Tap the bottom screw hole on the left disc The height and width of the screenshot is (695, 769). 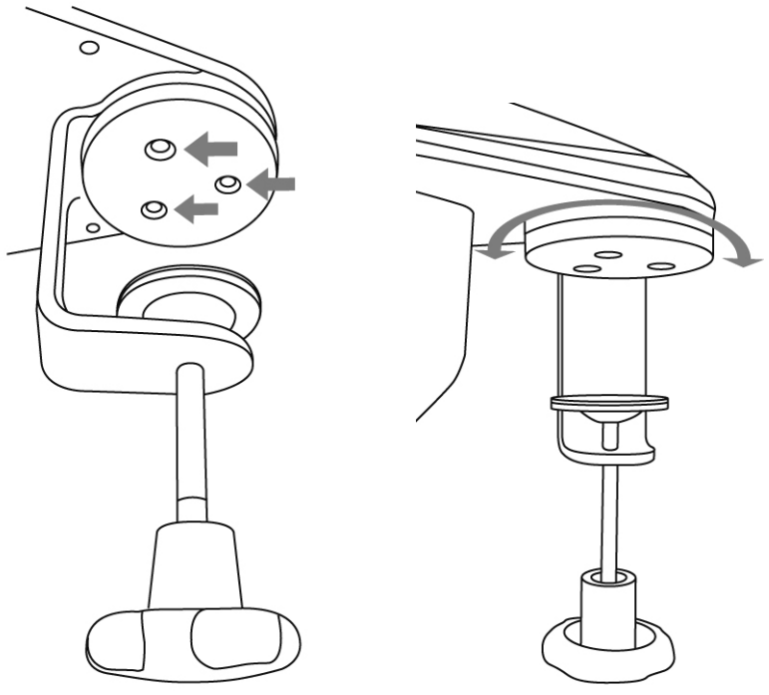(x=153, y=208)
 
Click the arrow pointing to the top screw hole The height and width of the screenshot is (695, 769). (x=215, y=148)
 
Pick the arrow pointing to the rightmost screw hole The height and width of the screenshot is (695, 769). (x=272, y=181)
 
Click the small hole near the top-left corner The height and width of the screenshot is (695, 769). (x=89, y=47)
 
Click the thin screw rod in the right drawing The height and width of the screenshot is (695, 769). (x=609, y=519)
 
